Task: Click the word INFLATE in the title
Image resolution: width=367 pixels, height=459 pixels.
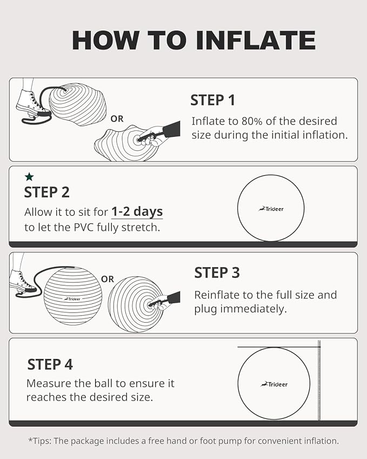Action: pyautogui.click(x=256, y=40)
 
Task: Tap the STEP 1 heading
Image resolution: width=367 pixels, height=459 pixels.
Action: pyautogui.click(x=213, y=100)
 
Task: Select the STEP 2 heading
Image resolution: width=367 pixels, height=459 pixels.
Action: pyautogui.click(x=47, y=192)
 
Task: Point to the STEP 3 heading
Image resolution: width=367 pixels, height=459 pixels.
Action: pyautogui.click(x=217, y=273)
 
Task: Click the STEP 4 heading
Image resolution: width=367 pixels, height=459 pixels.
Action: pyautogui.click(x=50, y=364)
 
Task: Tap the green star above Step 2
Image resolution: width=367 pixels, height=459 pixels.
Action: pyautogui.click(x=29, y=177)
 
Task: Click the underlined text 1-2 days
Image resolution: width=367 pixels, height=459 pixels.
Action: pyautogui.click(x=137, y=211)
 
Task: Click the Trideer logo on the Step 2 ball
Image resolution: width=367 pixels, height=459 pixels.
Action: pyautogui.click(x=271, y=209)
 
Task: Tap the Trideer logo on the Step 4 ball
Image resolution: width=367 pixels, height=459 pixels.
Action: pyautogui.click(x=274, y=384)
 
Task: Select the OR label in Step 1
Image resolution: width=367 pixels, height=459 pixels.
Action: pyautogui.click(x=117, y=119)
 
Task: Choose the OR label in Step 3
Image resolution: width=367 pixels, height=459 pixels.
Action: pyautogui.click(x=108, y=280)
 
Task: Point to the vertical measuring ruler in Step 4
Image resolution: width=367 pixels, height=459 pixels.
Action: pyautogui.click(x=319, y=380)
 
